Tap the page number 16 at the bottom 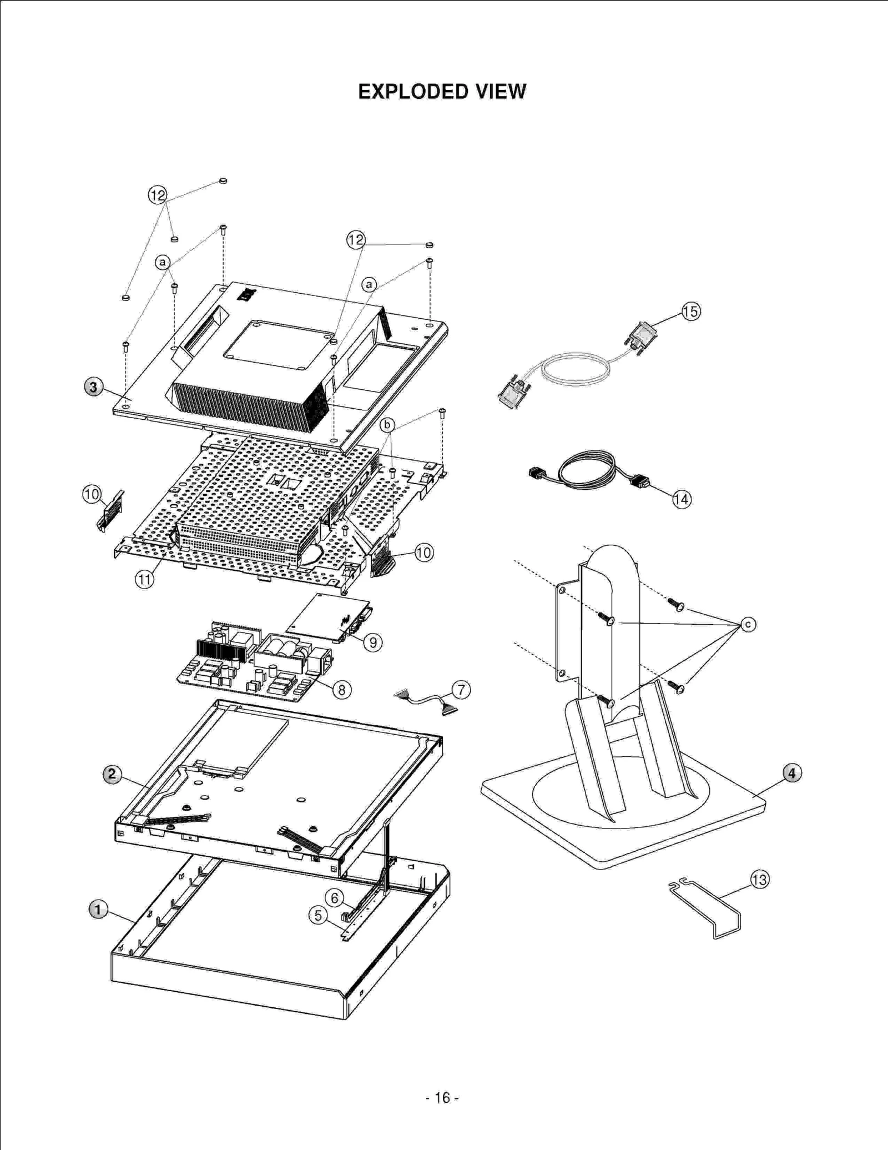pos(442,1098)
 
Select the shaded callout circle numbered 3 pos(93,386)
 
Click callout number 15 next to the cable pos(691,312)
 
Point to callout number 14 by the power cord pos(682,499)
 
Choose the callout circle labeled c pos(748,625)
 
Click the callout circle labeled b pos(387,425)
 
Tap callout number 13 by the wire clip pos(759,880)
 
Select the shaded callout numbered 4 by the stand pos(792,773)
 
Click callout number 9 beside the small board pos(373,642)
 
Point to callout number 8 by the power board pos(342,690)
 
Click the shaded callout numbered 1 pos(98,910)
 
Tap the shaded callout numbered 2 pos(112,774)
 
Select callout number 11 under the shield pos(144,580)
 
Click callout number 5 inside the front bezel pos(318,915)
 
